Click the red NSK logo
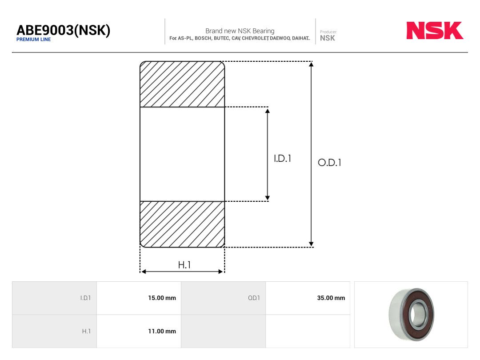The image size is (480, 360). (x=435, y=30)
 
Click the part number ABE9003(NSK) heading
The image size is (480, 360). (x=64, y=30)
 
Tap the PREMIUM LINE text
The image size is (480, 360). (x=33, y=40)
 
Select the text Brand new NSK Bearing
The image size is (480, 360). (x=240, y=31)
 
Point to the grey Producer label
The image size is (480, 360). (x=328, y=32)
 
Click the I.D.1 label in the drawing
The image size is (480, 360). (x=282, y=158)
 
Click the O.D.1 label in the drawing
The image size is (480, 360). (x=329, y=162)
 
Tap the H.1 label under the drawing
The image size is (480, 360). (x=184, y=265)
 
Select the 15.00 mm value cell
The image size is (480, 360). (x=139, y=298)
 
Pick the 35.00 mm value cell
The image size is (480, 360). (x=308, y=298)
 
